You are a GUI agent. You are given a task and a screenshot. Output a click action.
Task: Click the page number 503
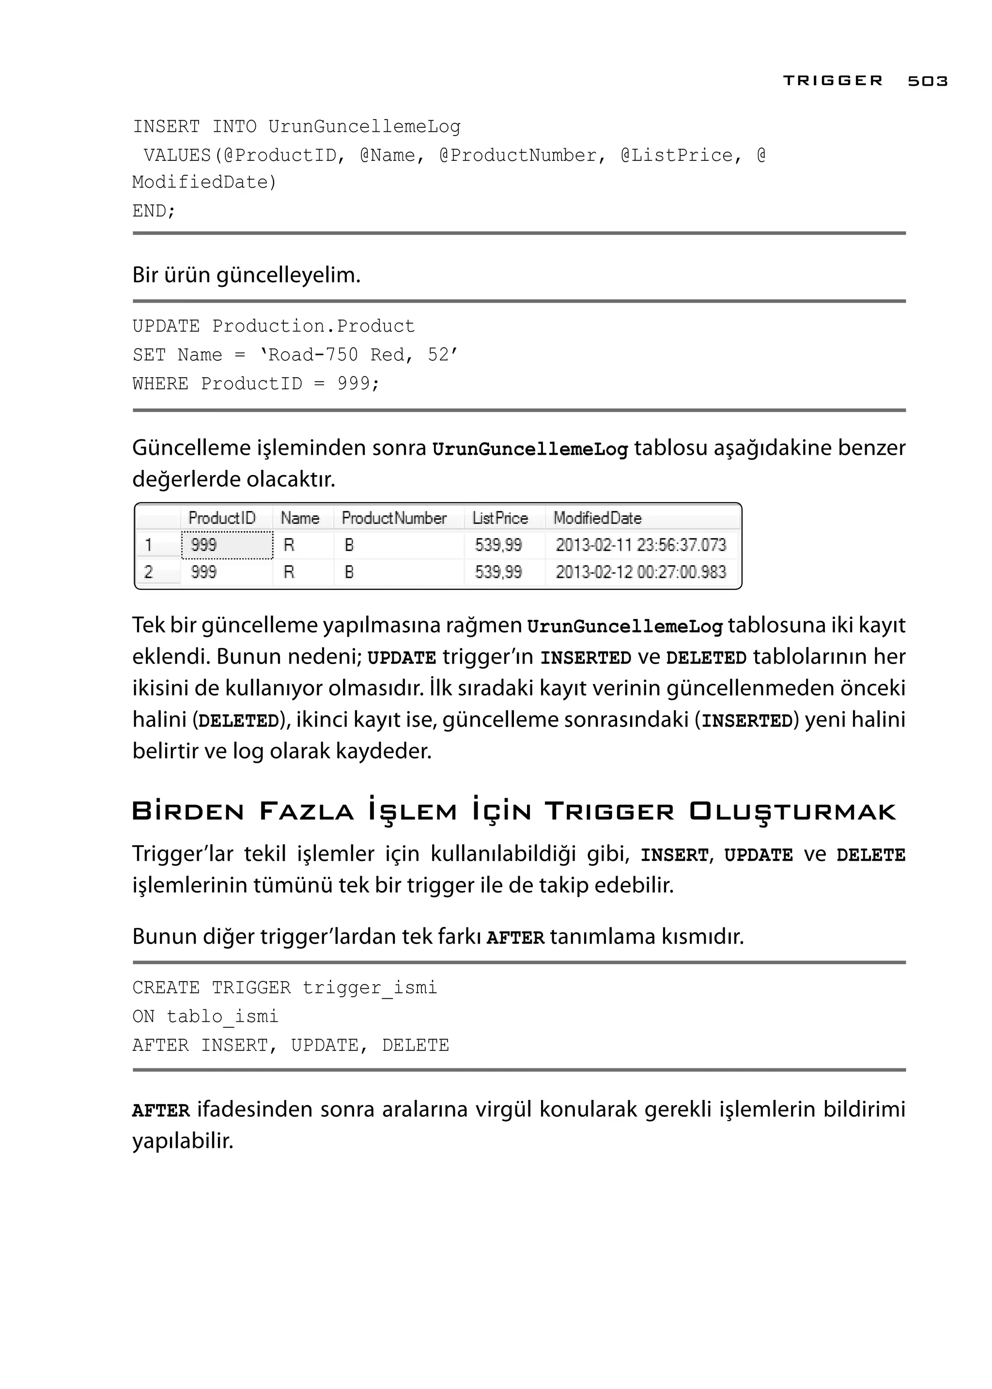927,81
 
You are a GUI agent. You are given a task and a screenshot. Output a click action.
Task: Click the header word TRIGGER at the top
833,81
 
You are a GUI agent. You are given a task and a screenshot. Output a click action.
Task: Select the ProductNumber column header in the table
394,518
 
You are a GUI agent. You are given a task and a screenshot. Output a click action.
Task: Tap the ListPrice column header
500,518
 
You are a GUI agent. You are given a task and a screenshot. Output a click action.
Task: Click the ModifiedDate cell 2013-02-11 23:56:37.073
640,545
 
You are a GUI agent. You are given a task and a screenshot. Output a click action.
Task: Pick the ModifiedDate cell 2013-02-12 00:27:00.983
640,572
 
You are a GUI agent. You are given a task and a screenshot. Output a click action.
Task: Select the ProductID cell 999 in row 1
204,545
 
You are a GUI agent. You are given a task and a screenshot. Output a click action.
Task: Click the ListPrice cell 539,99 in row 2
498,572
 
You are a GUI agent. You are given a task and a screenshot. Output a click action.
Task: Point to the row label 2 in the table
148,572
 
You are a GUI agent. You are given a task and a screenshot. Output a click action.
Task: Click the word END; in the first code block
154,211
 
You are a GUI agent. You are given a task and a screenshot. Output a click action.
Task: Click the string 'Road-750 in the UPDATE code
309,355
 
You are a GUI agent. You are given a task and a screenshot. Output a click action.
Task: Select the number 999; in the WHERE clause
358,384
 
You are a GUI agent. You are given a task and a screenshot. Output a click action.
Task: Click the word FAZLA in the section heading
307,812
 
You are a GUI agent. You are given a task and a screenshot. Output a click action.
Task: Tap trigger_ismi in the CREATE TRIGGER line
370,988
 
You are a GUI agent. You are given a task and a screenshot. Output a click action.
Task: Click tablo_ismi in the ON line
222,1017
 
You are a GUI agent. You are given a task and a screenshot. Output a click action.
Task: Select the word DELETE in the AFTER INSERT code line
416,1045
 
